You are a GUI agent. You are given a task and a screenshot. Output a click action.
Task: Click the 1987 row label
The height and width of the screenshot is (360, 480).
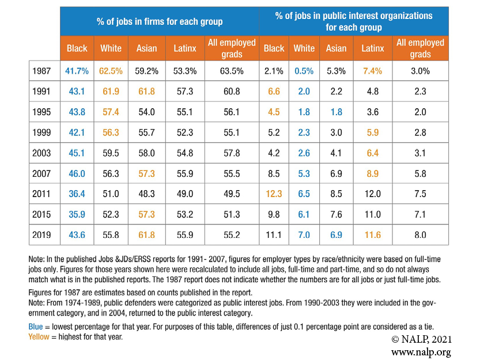(43, 71)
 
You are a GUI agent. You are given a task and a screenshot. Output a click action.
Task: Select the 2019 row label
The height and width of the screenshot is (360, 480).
(43, 235)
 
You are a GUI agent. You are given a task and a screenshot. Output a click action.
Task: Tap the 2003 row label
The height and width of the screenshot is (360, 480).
(43, 153)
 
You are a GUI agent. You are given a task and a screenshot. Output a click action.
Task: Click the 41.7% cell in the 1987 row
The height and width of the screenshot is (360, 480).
(77, 71)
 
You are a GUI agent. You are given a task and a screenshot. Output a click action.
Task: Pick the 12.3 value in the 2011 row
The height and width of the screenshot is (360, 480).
(274, 194)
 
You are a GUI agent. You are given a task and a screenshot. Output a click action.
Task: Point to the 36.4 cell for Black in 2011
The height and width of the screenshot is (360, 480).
(77, 194)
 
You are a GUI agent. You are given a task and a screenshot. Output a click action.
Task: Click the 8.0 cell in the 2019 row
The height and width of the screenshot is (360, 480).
(420, 235)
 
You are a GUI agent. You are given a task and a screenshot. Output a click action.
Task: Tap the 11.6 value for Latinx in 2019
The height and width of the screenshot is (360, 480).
(372, 235)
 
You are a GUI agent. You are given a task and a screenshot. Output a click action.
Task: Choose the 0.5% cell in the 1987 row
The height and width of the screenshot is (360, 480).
(304, 71)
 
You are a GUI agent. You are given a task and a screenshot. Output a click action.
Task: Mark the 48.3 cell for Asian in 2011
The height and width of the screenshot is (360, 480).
(147, 194)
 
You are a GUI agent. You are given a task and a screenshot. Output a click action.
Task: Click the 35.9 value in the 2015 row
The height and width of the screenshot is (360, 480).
(77, 215)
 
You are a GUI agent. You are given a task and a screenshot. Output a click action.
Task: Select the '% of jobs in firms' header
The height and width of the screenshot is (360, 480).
(160, 22)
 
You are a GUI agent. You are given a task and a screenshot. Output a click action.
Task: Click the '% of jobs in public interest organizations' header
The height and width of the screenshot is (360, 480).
(354, 22)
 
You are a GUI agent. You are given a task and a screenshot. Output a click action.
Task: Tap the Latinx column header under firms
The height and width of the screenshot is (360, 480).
(185, 48)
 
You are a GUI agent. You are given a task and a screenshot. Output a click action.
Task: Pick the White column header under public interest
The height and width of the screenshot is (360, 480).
(304, 48)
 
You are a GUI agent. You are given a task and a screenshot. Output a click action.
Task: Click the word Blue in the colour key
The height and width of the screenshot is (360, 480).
(36, 326)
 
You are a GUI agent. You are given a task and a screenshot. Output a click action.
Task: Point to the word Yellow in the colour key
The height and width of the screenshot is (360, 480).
(39, 336)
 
